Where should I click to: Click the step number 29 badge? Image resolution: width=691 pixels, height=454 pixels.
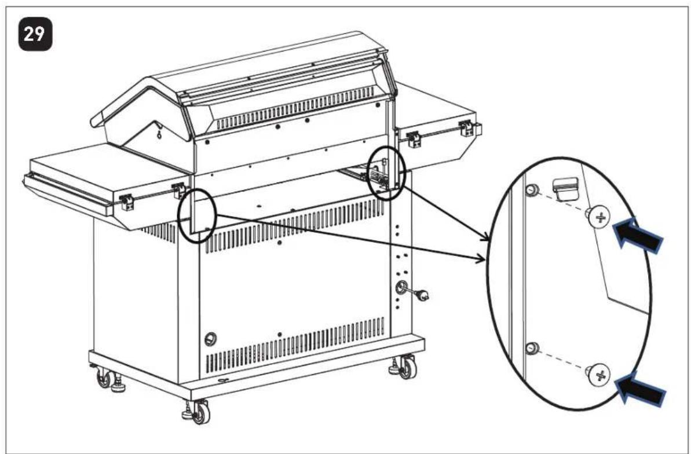(35, 34)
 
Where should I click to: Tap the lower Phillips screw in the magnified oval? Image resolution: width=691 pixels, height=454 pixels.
(599, 375)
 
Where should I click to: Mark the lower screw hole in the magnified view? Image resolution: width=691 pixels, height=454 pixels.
(532, 348)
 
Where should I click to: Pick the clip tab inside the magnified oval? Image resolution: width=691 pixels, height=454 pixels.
(565, 188)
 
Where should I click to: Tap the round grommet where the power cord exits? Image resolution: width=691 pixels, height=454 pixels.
(402, 287)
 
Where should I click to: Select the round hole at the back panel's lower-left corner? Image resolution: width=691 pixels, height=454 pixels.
(211, 339)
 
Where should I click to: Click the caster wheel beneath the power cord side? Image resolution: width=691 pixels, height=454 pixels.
(406, 368)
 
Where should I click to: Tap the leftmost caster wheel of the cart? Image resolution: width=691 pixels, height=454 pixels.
(104, 378)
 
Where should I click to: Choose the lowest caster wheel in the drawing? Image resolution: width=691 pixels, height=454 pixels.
(201, 412)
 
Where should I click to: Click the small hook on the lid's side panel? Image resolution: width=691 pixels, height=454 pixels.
(159, 131)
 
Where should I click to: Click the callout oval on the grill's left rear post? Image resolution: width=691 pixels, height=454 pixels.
(197, 215)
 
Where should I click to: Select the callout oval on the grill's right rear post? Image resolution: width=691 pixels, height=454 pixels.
(386, 173)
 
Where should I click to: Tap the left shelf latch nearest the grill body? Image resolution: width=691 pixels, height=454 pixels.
(178, 190)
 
